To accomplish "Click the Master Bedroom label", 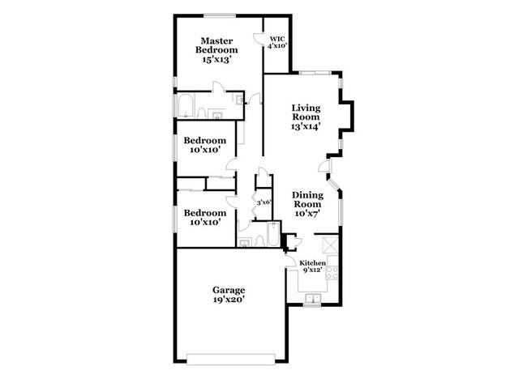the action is pyautogui.click(x=216, y=45).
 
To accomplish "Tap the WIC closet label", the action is pyautogui.click(x=277, y=39).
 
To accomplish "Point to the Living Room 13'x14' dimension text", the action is pyautogui.click(x=306, y=126).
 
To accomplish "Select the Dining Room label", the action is pyautogui.click(x=307, y=199).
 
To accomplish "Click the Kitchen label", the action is pyautogui.click(x=313, y=263).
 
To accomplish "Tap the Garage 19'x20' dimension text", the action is pyautogui.click(x=229, y=300).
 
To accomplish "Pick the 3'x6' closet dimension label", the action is pyautogui.click(x=263, y=202).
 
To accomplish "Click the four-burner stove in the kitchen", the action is pyautogui.click(x=332, y=272).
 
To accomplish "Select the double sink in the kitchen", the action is pyautogui.click(x=313, y=298).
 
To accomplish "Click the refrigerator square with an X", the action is pyautogui.click(x=329, y=245).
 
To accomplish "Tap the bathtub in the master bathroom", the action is pyautogui.click(x=186, y=105).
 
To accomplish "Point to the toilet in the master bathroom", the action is pyautogui.click(x=202, y=113).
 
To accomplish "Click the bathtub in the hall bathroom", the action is pyautogui.click(x=273, y=234).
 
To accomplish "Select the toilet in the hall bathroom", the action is pyautogui.click(x=259, y=241).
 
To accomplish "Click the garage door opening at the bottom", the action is pyautogui.click(x=231, y=359).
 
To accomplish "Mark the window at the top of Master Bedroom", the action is pyautogui.click(x=220, y=15).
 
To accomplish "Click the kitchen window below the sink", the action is pyautogui.click(x=312, y=304).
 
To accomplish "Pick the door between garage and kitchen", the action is pyautogui.click(x=289, y=260).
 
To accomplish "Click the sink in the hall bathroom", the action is pyautogui.click(x=244, y=243).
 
